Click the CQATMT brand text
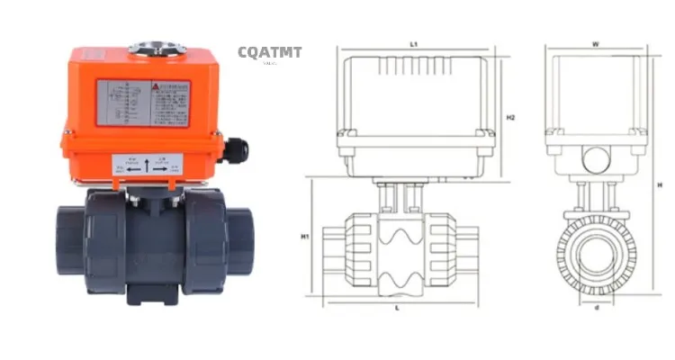270,52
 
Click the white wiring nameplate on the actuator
143,103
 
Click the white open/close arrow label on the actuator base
148,166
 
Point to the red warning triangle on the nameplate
157,86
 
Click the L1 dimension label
413,42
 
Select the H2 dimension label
510,118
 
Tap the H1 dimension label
305,238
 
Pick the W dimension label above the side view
596,42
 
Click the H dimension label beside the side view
660,185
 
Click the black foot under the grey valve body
145,293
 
